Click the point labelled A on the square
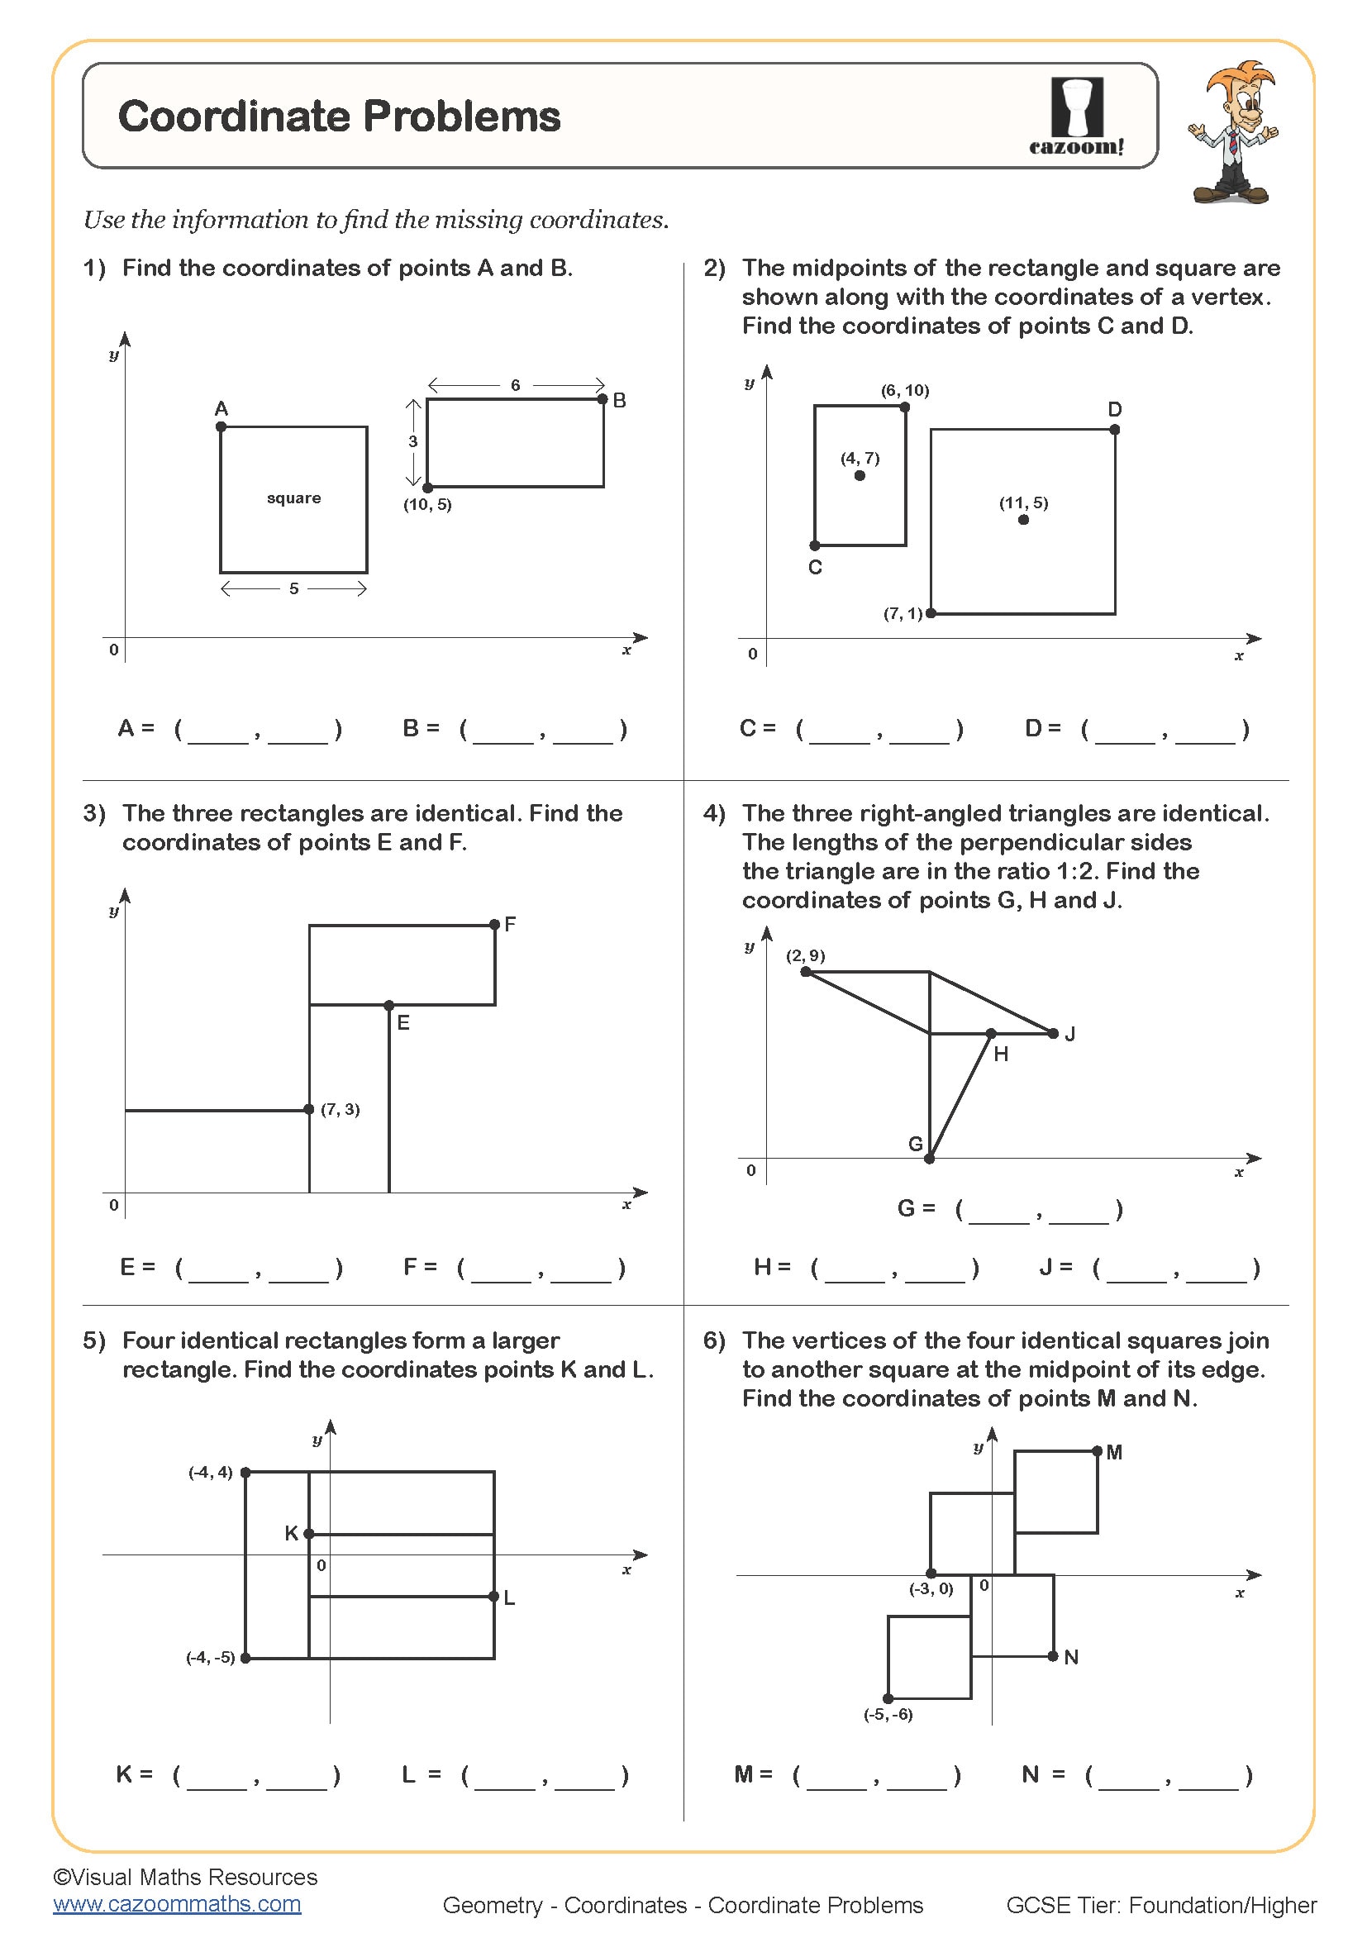click(x=221, y=426)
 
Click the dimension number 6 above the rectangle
click(x=515, y=385)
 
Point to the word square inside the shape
click(x=293, y=498)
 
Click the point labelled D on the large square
click(x=1114, y=430)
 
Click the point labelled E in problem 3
click(x=389, y=1005)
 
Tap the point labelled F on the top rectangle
click(x=494, y=925)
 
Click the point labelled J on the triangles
click(x=1053, y=1033)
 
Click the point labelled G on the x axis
click(x=929, y=1159)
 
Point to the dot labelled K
click(x=309, y=1533)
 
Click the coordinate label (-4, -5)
click(x=211, y=1657)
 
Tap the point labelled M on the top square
click(x=1097, y=1450)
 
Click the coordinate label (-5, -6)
click(x=888, y=1714)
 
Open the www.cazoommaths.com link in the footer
click(x=177, y=1903)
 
